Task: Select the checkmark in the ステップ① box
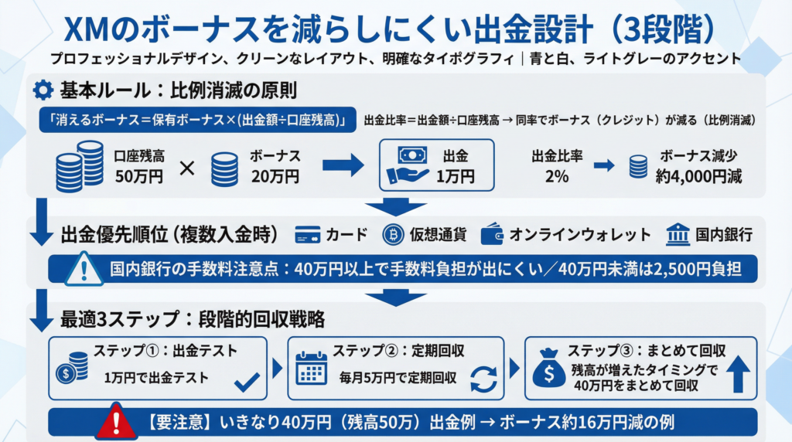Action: (246, 380)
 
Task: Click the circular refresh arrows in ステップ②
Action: (484, 380)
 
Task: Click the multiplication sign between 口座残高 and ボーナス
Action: (186, 166)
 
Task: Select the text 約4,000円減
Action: (698, 176)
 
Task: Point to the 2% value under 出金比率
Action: (556, 176)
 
